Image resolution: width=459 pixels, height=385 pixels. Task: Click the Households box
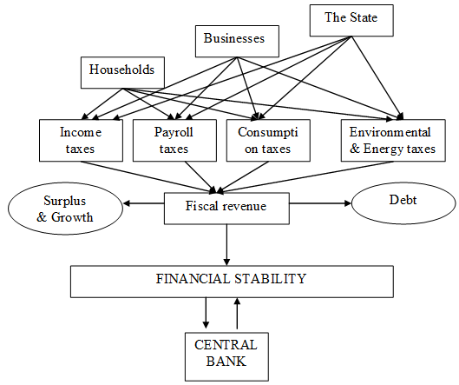coord(122,72)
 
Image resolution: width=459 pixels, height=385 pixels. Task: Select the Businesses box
coord(237,41)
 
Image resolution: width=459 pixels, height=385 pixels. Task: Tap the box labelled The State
coord(351,21)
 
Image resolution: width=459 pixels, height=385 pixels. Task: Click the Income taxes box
coord(81,140)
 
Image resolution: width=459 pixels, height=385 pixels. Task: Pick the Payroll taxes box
coord(174,140)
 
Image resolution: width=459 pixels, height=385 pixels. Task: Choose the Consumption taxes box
coord(268,140)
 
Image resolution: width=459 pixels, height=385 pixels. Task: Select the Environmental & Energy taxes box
coord(393,140)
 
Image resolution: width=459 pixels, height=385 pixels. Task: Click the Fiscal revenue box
coord(226,209)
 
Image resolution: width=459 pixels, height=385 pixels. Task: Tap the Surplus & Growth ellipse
coord(65,209)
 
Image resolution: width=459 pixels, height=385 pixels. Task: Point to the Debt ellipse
coord(403,203)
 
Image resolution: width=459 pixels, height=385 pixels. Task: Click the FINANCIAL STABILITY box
coord(232,282)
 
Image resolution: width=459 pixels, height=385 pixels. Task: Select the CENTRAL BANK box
coord(226,356)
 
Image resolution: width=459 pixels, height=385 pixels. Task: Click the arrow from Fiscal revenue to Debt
coord(320,203)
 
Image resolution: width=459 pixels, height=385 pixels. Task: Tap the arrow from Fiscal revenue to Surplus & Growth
coord(143,203)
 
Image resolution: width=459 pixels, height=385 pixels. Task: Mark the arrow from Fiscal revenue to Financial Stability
coord(226,245)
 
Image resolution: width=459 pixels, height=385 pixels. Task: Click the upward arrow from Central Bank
coord(238,313)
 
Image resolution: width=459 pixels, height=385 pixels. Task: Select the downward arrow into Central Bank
coord(206,313)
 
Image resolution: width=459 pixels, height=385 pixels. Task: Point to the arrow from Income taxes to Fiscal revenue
coord(148,177)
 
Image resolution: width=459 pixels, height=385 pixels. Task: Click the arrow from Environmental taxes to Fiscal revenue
coord(305,177)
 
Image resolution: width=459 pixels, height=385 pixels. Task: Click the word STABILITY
coord(270,279)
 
